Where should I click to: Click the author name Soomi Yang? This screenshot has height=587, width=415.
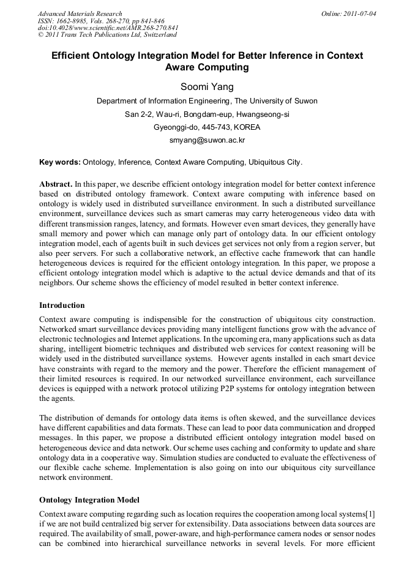pyautogui.click(x=207, y=87)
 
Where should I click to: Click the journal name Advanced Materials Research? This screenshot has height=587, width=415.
pyautogui.click(x=80, y=13)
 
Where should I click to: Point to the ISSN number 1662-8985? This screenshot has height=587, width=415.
pyautogui.click(x=72, y=21)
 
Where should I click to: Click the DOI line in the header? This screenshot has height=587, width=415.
pyautogui.click(x=108, y=28)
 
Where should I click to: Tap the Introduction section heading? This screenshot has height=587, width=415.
pyautogui.click(x=62, y=305)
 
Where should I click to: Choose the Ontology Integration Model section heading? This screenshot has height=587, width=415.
pyautogui.click(x=89, y=500)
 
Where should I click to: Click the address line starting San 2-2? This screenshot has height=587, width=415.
pyautogui.click(x=207, y=114)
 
